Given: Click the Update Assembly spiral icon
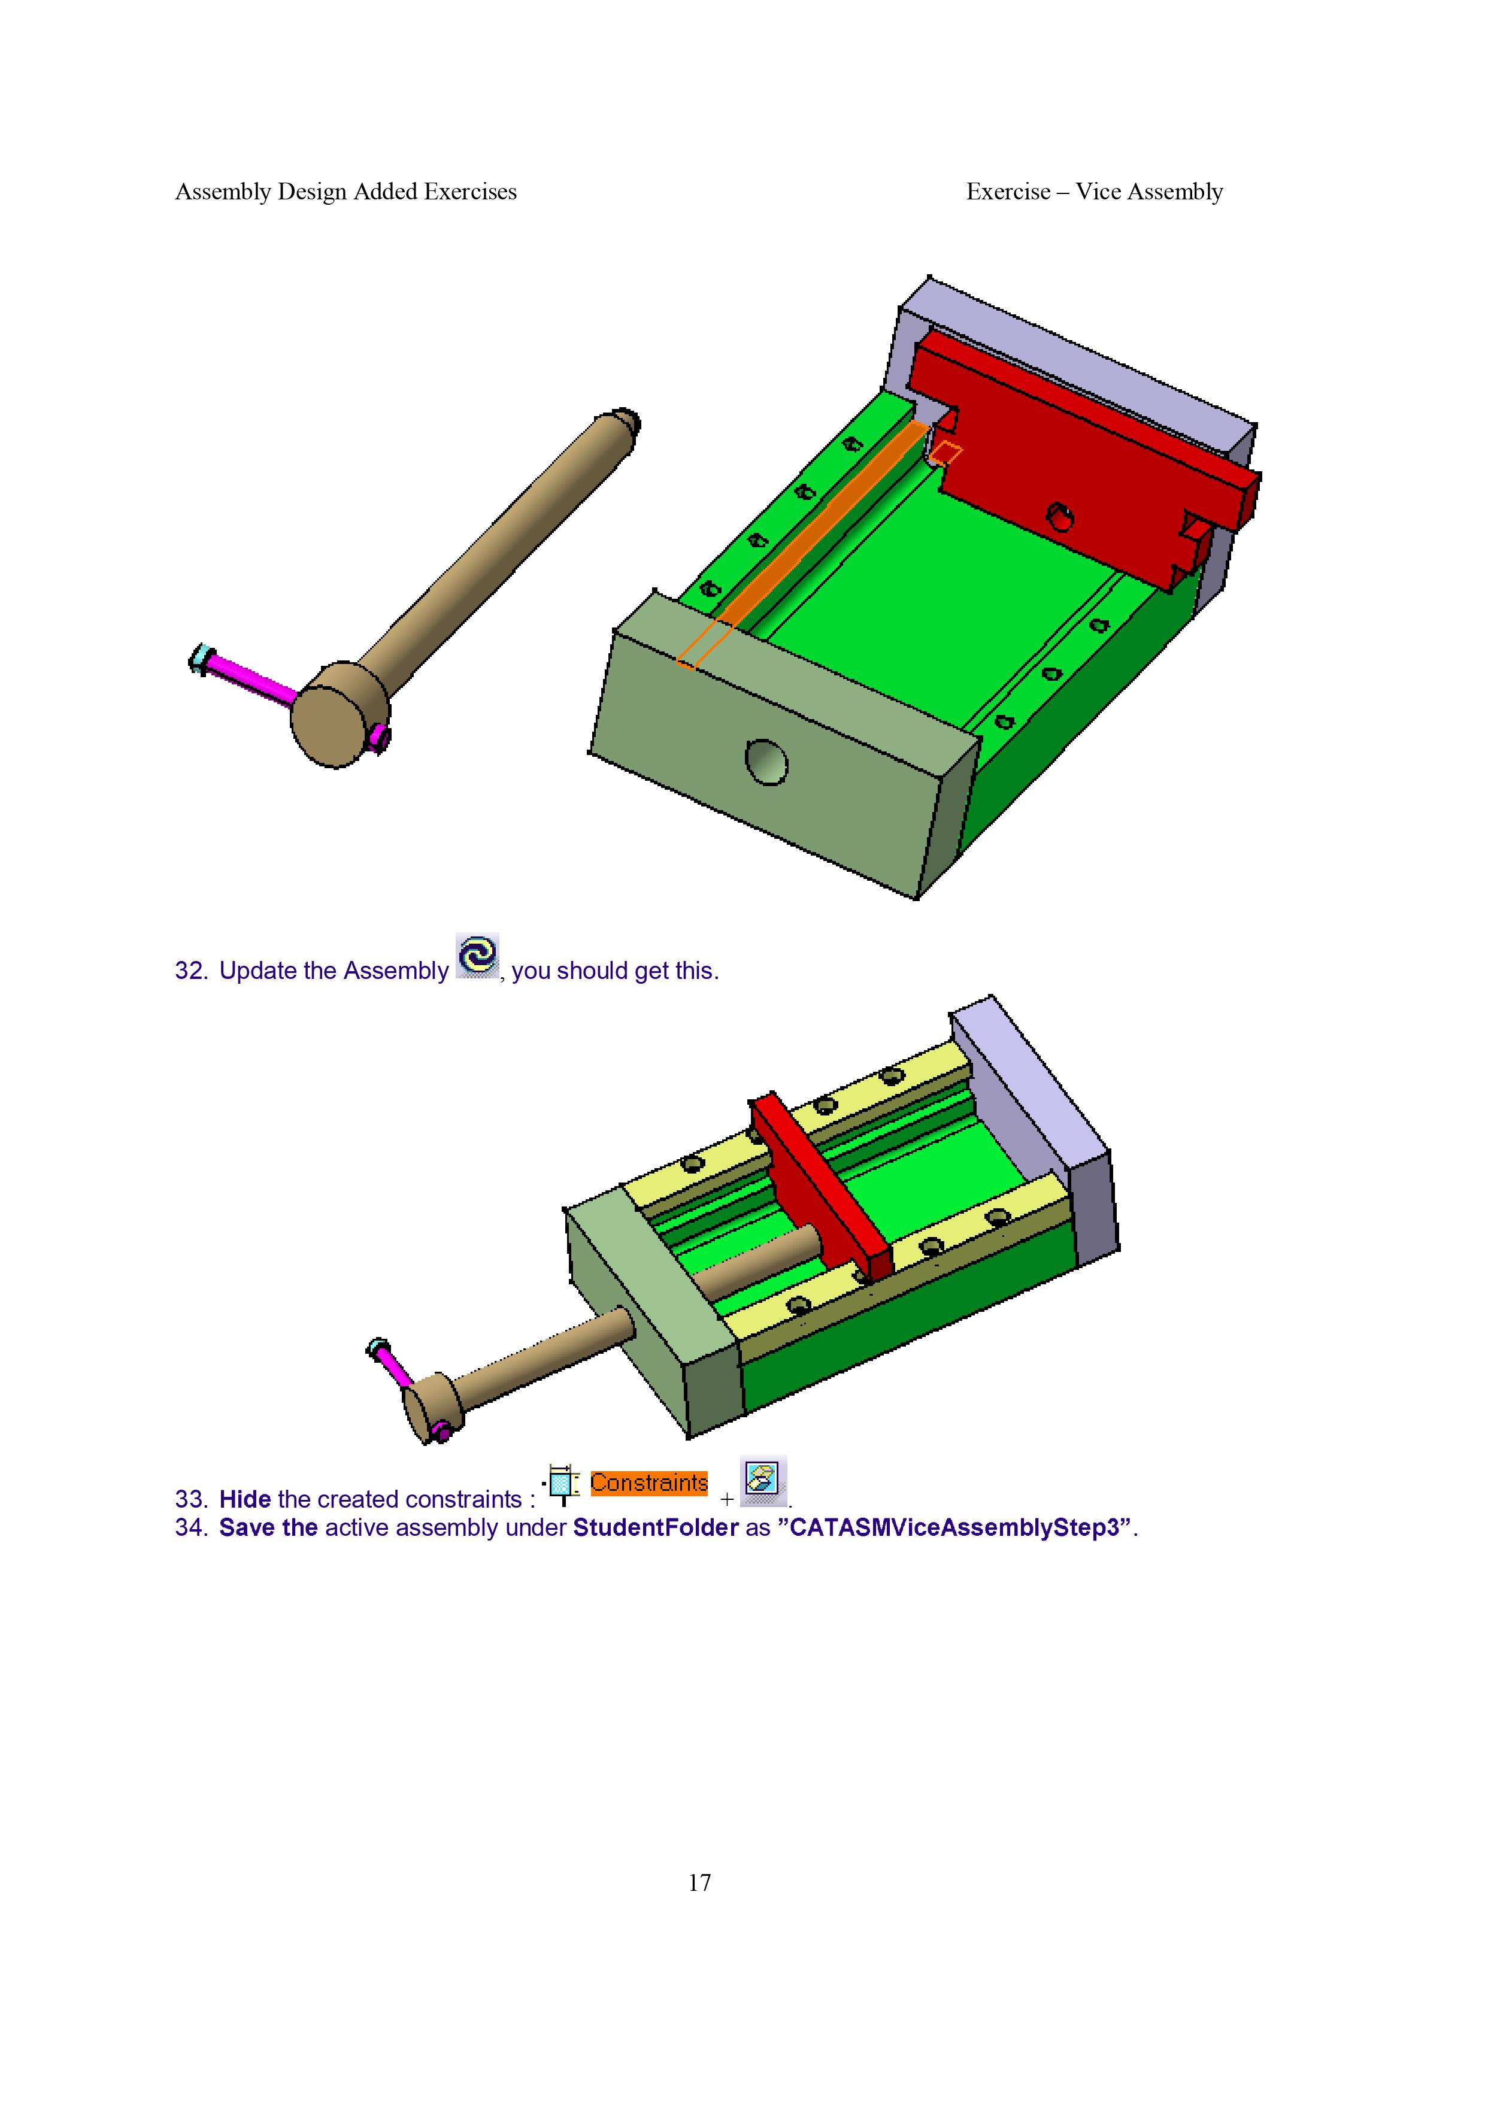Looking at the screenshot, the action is click(x=477, y=956).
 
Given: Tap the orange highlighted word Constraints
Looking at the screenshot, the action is click(x=648, y=1482).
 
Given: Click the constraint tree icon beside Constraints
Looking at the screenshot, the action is click(x=561, y=1484).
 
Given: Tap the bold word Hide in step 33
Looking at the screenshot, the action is click(x=246, y=1499).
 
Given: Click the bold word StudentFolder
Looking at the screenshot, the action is click(x=655, y=1527).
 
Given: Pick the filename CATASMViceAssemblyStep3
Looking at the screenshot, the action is click(x=954, y=1527).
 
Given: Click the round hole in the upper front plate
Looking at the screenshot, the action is click(x=766, y=762).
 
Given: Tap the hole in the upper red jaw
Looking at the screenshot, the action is click(x=1059, y=516).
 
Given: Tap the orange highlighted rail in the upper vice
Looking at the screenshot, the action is click(x=802, y=544).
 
